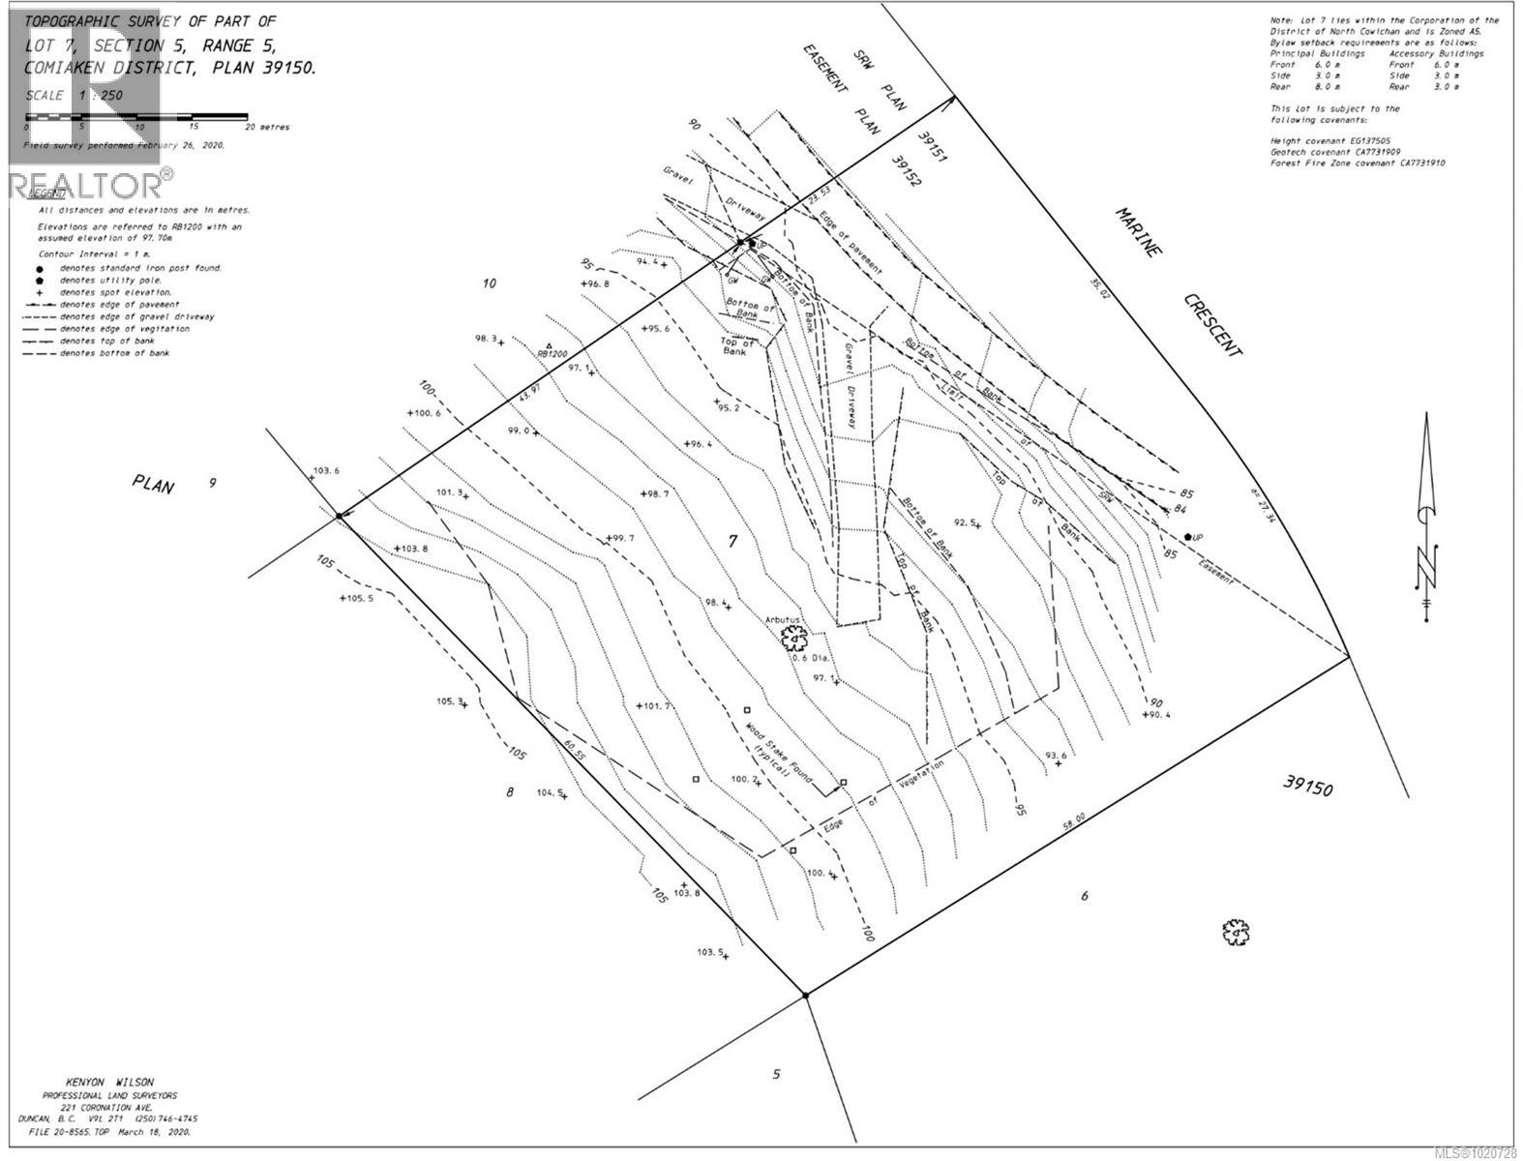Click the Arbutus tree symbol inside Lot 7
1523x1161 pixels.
click(793, 637)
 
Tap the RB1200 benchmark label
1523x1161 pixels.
click(552, 354)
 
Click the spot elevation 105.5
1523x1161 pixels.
click(357, 599)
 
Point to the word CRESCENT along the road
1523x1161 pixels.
click(1214, 325)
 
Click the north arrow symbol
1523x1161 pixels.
click(1427, 513)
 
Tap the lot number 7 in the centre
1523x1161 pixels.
click(732, 542)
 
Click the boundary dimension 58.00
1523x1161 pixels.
click(1073, 821)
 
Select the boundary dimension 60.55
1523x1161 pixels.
click(575, 748)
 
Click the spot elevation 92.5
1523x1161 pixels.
click(966, 522)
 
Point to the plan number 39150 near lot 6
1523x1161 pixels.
click(1308, 785)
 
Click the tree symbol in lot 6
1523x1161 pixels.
click(1235, 932)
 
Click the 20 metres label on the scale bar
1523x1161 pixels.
click(266, 127)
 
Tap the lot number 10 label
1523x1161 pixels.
click(489, 283)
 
